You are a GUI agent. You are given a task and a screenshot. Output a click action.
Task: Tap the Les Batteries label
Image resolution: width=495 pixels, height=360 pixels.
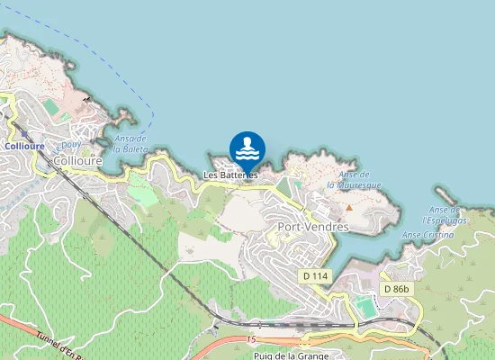(x=230, y=175)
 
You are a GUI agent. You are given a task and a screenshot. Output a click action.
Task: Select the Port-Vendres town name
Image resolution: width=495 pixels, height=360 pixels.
(x=313, y=227)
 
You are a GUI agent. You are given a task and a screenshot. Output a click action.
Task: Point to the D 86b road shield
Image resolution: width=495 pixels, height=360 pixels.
(x=395, y=289)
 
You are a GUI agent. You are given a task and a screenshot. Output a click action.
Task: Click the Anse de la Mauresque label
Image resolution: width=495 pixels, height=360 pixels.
(x=354, y=180)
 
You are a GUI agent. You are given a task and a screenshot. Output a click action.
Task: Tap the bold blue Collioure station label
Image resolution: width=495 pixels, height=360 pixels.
(x=24, y=146)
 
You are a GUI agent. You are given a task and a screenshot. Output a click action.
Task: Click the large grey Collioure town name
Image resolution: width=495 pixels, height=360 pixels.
(x=78, y=160)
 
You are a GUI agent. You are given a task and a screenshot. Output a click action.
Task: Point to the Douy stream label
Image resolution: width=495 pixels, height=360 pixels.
(x=70, y=145)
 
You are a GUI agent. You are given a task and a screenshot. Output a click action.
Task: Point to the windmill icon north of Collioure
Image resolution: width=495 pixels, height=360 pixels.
(x=86, y=97)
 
